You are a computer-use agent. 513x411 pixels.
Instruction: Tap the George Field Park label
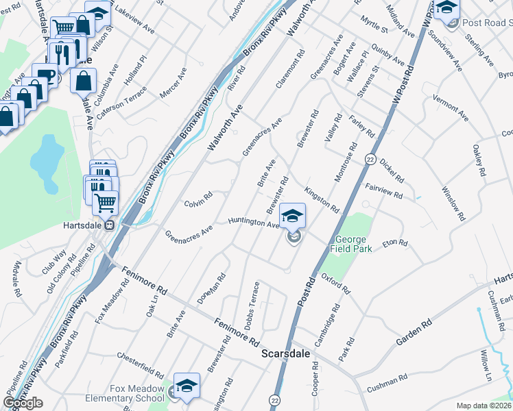click(354, 245)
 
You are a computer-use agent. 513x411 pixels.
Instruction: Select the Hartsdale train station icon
click(108, 225)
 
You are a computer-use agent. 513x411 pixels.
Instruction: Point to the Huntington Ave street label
click(254, 222)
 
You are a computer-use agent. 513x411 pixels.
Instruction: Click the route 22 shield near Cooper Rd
click(276, 399)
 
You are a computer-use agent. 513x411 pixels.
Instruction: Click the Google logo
click(23, 403)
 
